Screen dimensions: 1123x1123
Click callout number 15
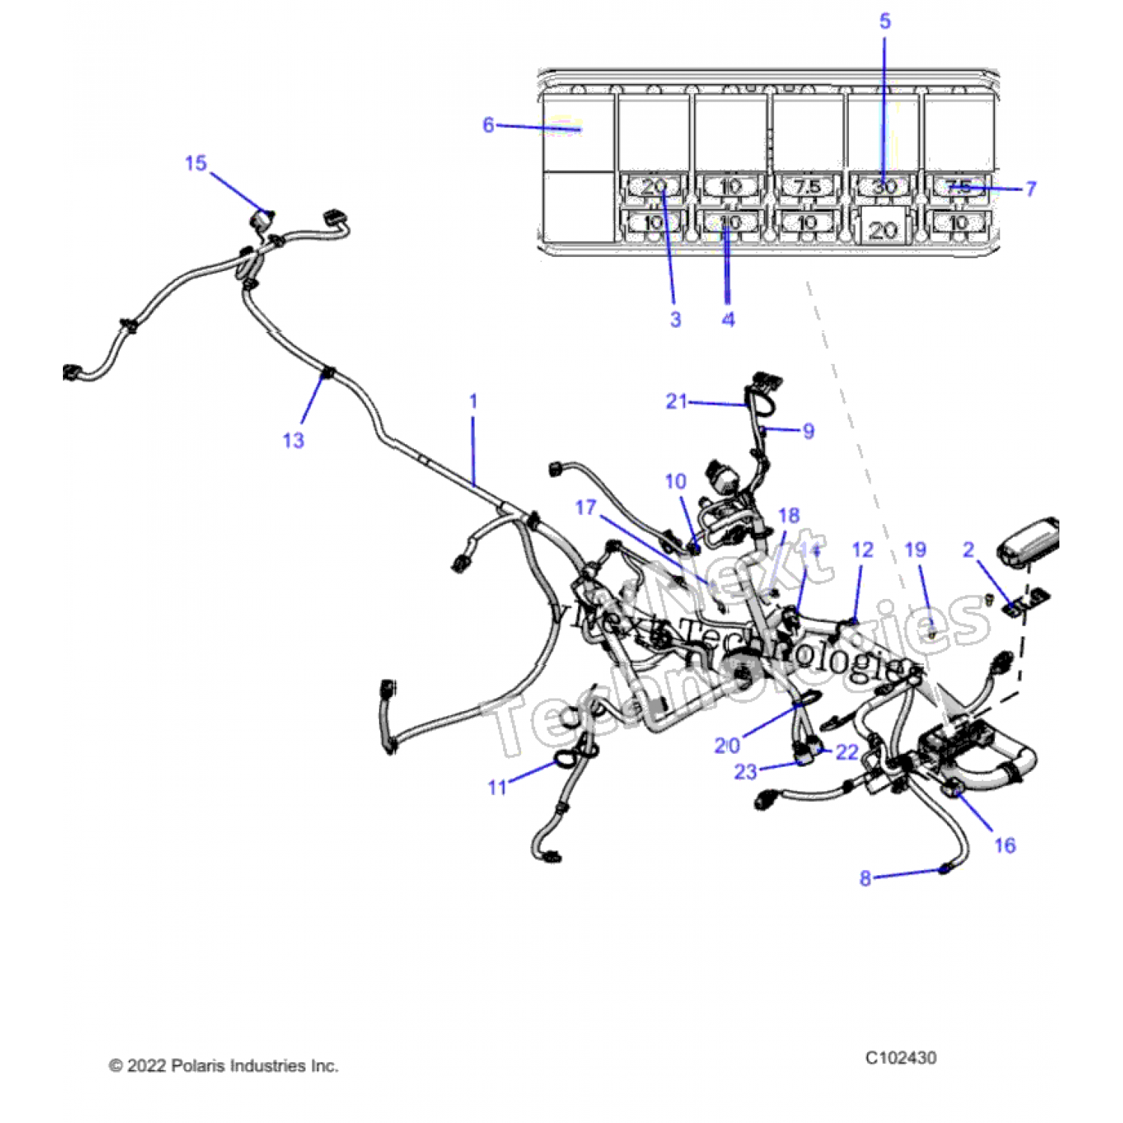coord(195,163)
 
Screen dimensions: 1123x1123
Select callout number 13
coord(293,440)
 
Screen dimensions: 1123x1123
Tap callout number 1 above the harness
coord(473,401)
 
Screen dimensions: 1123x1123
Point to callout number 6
coord(488,124)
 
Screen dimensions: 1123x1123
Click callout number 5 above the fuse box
coord(885,21)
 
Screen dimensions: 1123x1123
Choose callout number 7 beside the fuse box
coord(1031,189)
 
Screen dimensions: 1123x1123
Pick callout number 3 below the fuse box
coord(675,320)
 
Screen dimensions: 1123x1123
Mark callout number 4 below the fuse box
coord(728,320)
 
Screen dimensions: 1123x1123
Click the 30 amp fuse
coord(884,186)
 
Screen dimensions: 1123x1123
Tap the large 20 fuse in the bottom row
coord(883,229)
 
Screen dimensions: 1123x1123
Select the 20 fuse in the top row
coord(654,186)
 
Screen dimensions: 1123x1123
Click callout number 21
coord(676,401)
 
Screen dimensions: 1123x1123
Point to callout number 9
coord(808,431)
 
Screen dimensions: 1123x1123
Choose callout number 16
coord(1005,845)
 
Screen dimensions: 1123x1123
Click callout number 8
coord(865,877)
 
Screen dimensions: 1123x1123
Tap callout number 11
coord(497,787)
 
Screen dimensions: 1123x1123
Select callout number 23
coord(745,771)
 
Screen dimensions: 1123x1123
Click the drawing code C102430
coord(901,1057)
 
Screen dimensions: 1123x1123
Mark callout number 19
coord(915,550)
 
